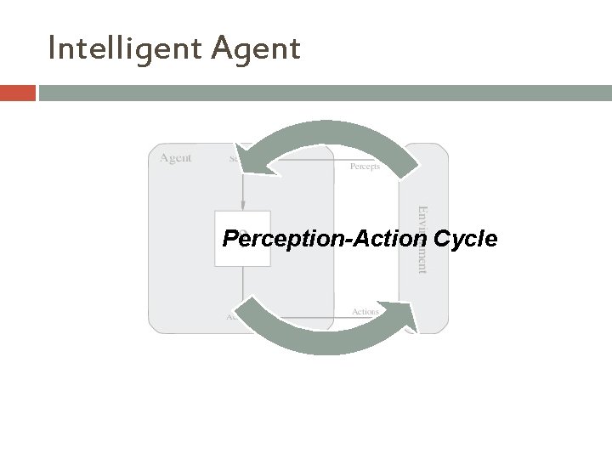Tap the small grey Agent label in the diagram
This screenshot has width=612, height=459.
point(176,158)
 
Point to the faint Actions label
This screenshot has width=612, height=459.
point(366,312)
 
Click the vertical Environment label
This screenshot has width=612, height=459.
point(420,238)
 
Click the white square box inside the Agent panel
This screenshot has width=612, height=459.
point(242,255)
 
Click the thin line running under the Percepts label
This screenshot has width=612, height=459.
point(365,159)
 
